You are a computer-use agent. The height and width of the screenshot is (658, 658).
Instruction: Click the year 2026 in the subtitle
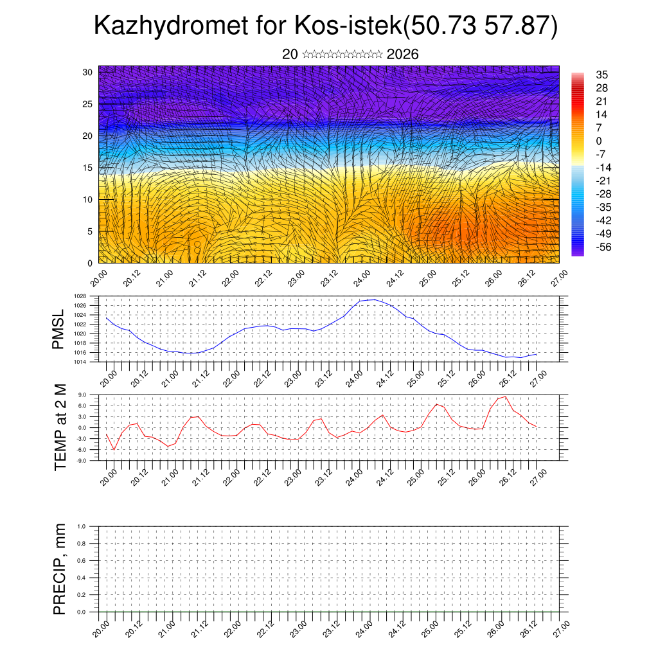pos(402,55)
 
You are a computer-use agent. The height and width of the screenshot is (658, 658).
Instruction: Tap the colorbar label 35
pos(602,75)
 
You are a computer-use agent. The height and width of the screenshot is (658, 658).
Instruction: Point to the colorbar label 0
pos(599,141)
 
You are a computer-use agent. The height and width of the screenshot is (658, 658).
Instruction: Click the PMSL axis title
pos(59,329)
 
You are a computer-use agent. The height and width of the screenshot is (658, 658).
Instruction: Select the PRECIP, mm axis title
pos(59,569)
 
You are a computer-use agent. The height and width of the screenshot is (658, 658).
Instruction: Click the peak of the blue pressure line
pos(375,299)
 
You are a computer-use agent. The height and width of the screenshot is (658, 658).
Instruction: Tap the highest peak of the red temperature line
pos(506,396)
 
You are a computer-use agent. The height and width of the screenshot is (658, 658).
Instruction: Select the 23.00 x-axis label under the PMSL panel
pos(292,376)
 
